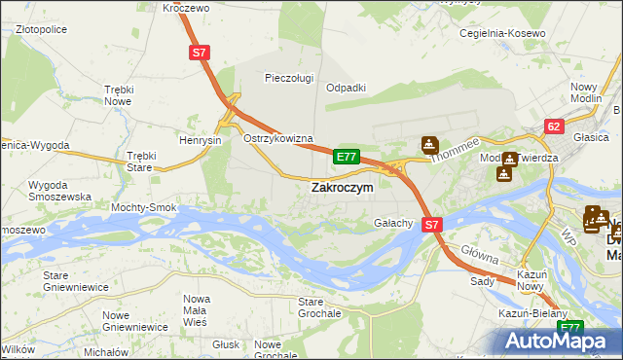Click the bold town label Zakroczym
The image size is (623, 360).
pos(341,188)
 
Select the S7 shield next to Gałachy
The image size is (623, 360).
pos(433,224)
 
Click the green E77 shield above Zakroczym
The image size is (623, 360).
pos(347,156)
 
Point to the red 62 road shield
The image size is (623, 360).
pos(554,126)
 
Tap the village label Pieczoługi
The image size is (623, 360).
pos(290,78)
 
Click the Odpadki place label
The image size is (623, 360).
pos(346,88)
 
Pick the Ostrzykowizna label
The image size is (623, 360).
pos(277,138)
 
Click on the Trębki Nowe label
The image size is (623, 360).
pos(118,95)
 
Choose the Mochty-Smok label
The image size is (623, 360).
pos(143,208)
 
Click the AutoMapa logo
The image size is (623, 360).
pos(562,340)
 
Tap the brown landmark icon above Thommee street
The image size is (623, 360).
pos(428,145)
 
